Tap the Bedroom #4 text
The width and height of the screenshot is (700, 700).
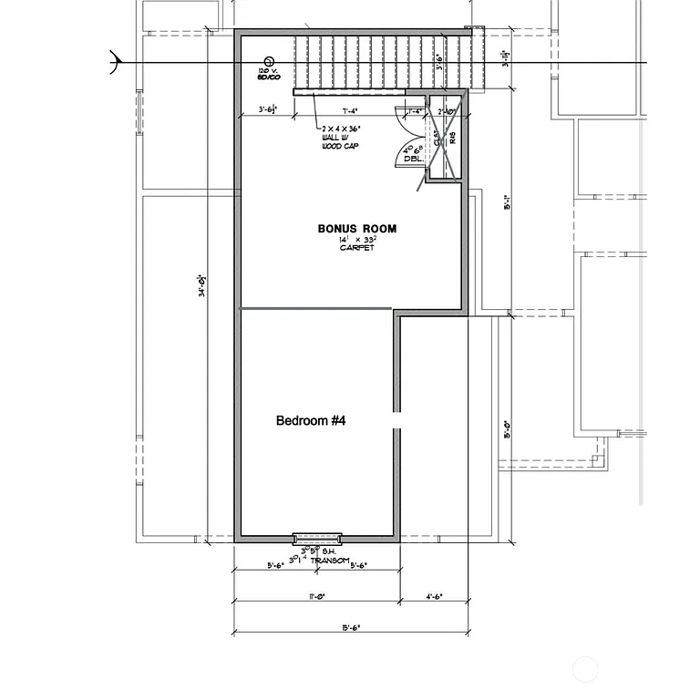311,421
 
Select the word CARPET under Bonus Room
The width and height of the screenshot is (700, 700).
356,248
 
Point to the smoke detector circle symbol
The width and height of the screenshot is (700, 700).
269,60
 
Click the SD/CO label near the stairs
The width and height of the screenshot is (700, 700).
266,76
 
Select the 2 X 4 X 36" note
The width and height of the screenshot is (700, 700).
341,129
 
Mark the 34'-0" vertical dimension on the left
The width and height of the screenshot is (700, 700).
201,288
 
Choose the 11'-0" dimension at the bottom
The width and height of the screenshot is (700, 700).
317,597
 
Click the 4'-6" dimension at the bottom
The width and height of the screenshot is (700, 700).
434,597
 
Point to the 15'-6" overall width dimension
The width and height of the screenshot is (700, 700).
351,627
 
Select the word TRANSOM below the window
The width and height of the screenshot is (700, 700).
328,561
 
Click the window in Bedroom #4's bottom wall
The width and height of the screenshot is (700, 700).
316,538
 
